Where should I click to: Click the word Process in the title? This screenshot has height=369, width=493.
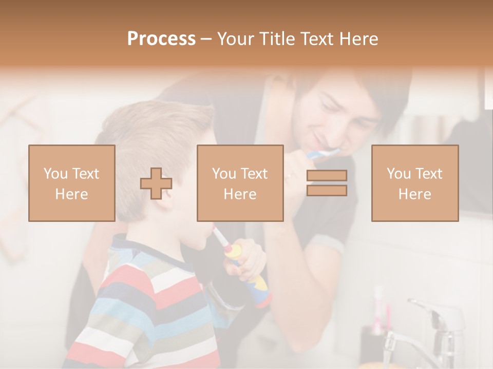[161, 39]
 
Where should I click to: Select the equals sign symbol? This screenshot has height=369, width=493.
[327, 183]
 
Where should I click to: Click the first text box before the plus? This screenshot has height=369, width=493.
[72, 183]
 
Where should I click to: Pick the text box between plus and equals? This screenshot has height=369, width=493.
[240, 183]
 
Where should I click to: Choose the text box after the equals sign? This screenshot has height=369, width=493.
[415, 183]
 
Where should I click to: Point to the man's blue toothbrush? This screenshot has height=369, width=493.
[321, 153]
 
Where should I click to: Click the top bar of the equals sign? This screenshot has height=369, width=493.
[327, 175]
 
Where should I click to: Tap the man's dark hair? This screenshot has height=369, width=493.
[380, 92]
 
